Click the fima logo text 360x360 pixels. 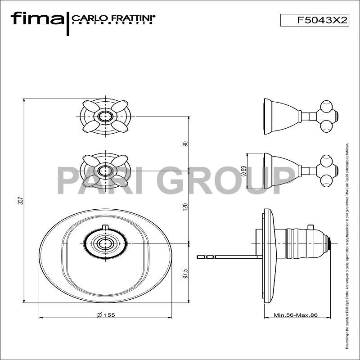tap(37, 19)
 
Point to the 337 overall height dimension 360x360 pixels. tap(20, 200)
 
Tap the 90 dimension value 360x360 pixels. tap(185, 144)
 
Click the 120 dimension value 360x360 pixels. tap(185, 207)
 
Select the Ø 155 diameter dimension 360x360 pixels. tap(106, 315)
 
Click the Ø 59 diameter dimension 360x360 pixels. tap(243, 171)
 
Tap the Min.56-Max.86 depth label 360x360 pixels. tap(296, 315)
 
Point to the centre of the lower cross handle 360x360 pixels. tap(105, 171)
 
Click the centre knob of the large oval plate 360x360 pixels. tap(105, 243)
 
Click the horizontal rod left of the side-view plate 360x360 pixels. tap(229, 257)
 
